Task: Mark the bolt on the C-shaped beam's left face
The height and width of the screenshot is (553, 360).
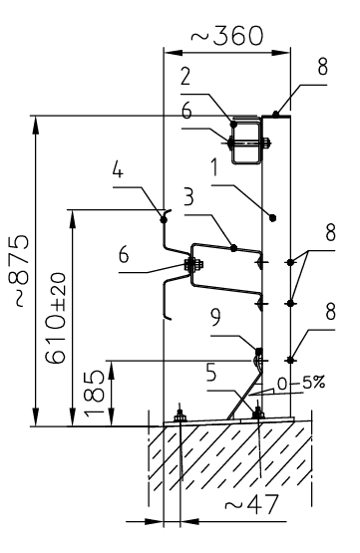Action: click(191, 265)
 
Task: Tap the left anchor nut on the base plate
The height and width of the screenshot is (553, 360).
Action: click(180, 416)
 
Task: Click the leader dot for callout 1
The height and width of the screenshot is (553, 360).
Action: click(273, 215)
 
